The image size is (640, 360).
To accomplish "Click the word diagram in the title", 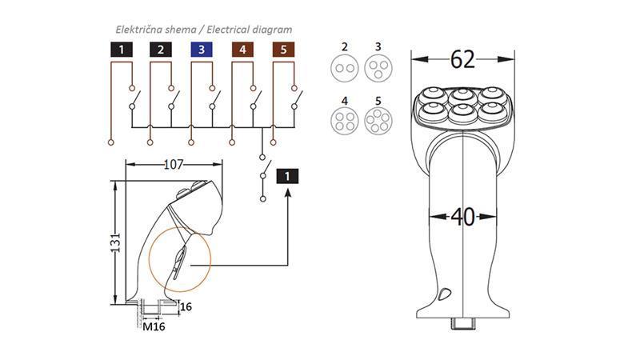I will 270,30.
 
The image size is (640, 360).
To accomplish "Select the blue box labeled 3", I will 202,50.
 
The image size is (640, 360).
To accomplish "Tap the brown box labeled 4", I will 243,50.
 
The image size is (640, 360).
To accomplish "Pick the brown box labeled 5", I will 284,50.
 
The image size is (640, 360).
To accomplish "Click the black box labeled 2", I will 161,50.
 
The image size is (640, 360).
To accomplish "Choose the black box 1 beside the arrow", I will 288,177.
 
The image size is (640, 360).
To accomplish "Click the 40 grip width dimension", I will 462,217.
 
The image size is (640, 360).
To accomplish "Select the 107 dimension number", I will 174,165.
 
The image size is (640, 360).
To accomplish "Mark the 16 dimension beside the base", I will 186,306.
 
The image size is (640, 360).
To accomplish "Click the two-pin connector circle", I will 346,68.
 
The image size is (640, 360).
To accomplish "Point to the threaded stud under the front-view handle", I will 463,324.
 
